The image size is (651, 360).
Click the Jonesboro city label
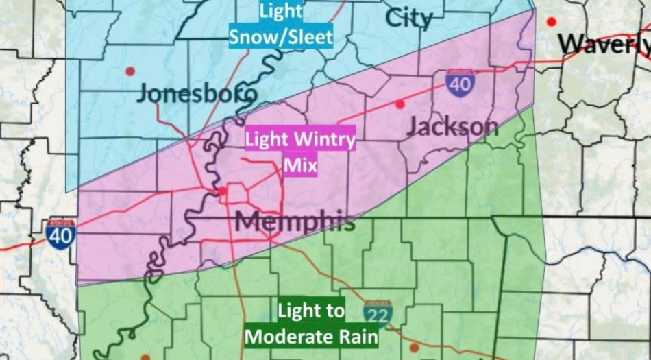pyautogui.click(x=197, y=93)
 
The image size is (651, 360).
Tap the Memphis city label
pyautogui.click(x=295, y=221)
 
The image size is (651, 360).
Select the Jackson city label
pyautogui.click(x=452, y=126)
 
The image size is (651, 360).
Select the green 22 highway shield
pyautogui.click(x=378, y=313)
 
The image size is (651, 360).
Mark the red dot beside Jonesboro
pyautogui.click(x=130, y=71)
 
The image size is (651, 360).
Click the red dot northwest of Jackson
pyautogui.click(x=400, y=104)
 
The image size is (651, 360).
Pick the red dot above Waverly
pyautogui.click(x=551, y=22)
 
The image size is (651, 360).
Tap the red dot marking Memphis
pyautogui.click(x=222, y=191)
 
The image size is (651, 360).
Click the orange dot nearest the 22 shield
pyautogui.click(x=414, y=348)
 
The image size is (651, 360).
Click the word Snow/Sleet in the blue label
pyautogui.click(x=280, y=37)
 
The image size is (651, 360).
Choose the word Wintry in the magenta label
pyautogui.click(x=324, y=141)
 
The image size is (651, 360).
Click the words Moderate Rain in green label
pyautogui.click(x=312, y=336)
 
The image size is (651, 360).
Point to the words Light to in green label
pyautogui.click(x=311, y=311)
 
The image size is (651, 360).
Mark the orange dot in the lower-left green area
pyautogui.click(x=145, y=357)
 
